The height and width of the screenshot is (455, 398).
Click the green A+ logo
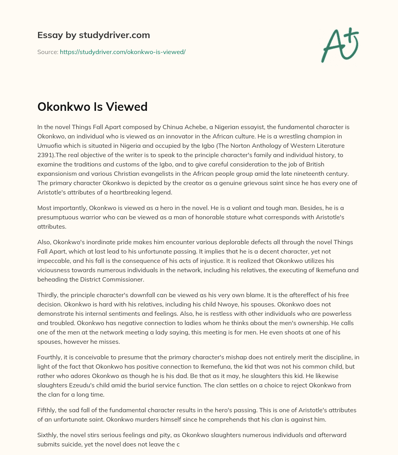(340, 44)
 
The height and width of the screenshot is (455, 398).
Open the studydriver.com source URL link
(122, 52)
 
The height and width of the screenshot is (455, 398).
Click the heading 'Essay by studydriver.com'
(94, 35)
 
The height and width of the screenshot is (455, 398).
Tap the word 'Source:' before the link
(47, 52)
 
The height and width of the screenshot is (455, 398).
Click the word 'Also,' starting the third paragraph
(45, 242)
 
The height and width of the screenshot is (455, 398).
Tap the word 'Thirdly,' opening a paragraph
(49, 295)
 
